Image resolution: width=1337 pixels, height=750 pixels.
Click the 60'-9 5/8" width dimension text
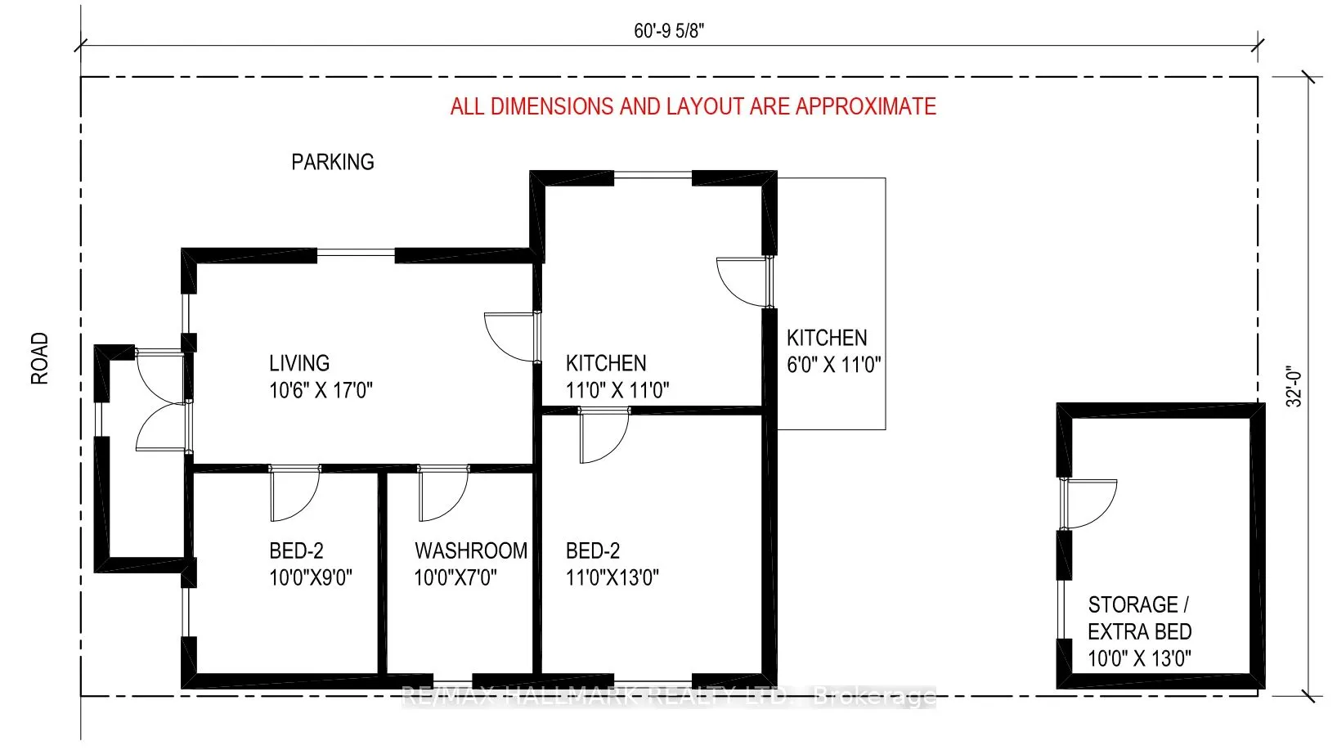668,31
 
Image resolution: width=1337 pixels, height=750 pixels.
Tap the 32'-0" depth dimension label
1294,386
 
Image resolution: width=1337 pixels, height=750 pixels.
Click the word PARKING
332,162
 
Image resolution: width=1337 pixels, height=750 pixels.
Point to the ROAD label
39,358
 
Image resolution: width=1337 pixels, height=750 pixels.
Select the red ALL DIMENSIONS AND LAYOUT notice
693,106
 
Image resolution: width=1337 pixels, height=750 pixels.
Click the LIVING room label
299,363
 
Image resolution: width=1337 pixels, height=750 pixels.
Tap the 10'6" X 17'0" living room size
321,390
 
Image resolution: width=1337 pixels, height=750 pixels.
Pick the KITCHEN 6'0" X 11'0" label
832,351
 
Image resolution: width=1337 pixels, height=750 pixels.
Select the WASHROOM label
470,550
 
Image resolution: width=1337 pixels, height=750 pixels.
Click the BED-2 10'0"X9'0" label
310,564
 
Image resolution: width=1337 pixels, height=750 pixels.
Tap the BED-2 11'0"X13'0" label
612,564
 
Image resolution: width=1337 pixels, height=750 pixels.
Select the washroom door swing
442,494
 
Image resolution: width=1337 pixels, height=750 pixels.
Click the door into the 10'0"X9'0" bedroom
294,494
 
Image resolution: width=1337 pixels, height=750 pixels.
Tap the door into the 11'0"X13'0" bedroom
604,436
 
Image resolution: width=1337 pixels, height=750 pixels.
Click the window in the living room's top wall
356,252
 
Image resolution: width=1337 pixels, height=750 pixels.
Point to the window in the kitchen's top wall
653,174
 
